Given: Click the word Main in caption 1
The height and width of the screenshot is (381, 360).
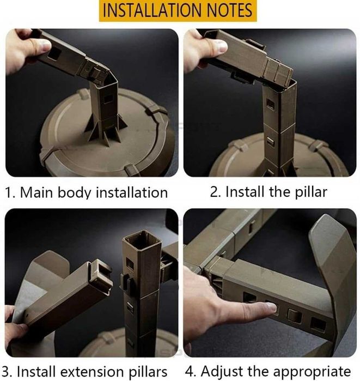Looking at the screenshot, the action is pyautogui.click(x=36, y=192).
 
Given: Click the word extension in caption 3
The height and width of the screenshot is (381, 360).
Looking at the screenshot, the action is pyautogui.click(x=92, y=372).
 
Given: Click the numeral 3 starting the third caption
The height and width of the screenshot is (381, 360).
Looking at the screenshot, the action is pyautogui.click(x=6, y=372).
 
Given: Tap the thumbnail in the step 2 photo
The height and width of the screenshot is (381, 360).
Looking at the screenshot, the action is pyautogui.click(x=221, y=46).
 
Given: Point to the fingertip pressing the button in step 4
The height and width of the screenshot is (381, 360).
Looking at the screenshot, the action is pyautogui.click(x=271, y=307).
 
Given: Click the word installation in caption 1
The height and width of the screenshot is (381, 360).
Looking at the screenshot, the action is pyautogui.click(x=132, y=192).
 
